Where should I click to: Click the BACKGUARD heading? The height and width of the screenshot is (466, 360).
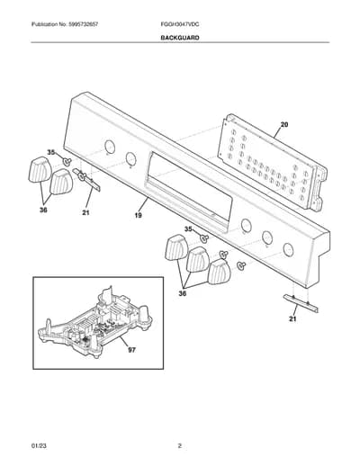(x=180, y=38)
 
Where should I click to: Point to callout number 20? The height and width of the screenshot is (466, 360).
(x=283, y=124)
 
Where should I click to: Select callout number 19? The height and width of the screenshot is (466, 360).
(x=139, y=215)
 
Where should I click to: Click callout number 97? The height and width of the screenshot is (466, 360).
(x=131, y=350)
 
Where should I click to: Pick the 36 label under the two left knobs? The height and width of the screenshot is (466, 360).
(x=44, y=211)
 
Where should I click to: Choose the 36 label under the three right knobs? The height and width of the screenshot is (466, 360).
(x=183, y=293)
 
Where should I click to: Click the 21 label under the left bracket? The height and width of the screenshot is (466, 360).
(x=85, y=213)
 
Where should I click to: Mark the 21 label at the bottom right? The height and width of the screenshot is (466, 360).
(x=292, y=319)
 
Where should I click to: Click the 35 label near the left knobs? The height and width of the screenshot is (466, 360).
(x=51, y=153)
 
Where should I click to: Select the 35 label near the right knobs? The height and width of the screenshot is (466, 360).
(x=188, y=229)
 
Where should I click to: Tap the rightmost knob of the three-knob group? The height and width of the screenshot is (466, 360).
(x=220, y=272)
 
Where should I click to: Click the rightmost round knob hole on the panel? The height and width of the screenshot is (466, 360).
(x=288, y=249)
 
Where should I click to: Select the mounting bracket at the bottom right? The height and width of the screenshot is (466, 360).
(x=301, y=303)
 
